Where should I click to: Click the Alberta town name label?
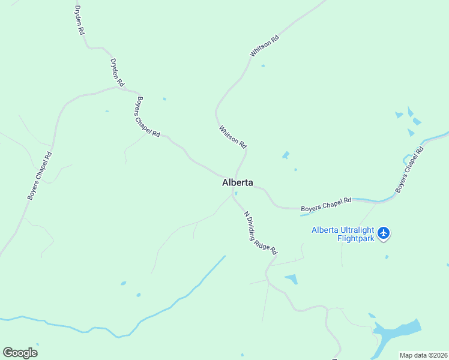click(x=238, y=182)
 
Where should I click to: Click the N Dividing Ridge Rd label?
click(x=260, y=233)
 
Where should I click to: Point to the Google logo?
click(x=20, y=353)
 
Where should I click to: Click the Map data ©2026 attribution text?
click(x=423, y=355)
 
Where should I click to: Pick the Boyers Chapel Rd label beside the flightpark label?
click(x=326, y=205)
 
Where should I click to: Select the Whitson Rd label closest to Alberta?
click(x=233, y=137)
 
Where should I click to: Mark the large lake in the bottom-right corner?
click(x=396, y=329)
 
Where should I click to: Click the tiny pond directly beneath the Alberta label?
click(x=237, y=193)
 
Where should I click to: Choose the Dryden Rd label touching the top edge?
click(x=79, y=20)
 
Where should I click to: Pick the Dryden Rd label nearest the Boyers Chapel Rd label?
click(x=117, y=71)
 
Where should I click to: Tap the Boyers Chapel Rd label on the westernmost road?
click(x=40, y=175)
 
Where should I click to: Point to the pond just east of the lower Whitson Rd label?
click(x=286, y=155)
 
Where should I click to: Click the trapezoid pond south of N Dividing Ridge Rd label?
click(x=291, y=279)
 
